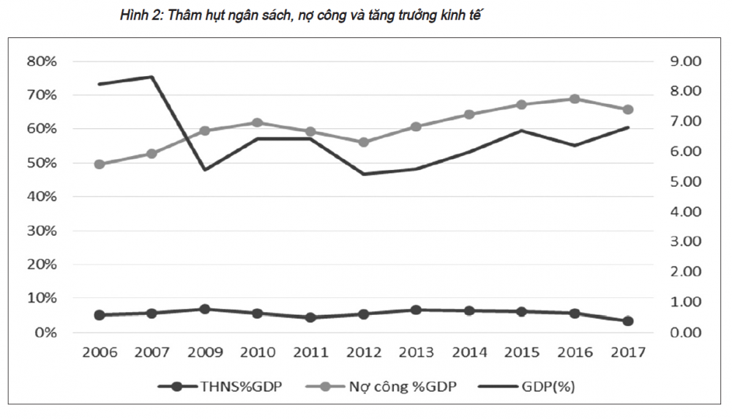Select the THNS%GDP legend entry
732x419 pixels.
(220, 387)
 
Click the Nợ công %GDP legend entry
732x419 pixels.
(381, 387)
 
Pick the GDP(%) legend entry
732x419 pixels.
(526, 387)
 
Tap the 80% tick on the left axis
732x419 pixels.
(42, 62)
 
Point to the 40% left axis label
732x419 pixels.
(42, 196)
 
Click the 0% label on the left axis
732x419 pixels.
(45, 333)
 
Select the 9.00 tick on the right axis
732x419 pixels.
(686, 62)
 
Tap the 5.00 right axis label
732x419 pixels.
(686, 182)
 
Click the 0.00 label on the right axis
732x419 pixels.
(686, 333)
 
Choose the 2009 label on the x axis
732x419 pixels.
(205, 352)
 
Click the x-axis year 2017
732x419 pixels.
(628, 352)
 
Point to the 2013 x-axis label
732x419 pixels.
(417, 352)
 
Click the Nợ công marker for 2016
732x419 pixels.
(575, 99)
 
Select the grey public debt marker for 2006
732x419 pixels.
(100, 164)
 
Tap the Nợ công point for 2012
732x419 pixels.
(364, 142)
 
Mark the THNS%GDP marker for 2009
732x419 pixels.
(205, 309)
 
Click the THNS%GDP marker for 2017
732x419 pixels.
(628, 321)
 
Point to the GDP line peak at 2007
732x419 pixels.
(152, 77)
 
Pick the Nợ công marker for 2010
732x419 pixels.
(258, 123)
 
